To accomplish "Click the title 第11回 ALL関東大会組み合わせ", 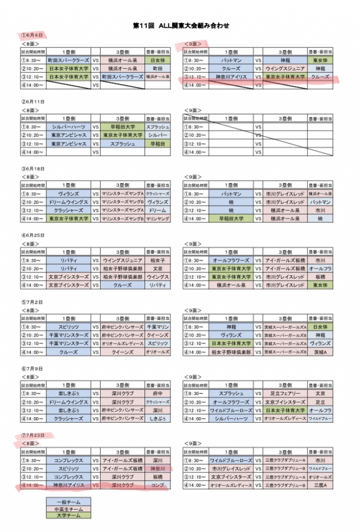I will (181, 25).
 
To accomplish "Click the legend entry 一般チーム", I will (68, 501).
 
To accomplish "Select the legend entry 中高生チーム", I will (68, 508).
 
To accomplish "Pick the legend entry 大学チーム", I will (68, 515).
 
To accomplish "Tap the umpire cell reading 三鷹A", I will (321, 484).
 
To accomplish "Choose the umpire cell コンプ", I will (157, 484).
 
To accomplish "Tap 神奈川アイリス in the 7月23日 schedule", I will (68, 484).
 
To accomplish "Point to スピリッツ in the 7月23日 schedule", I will (68, 468).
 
